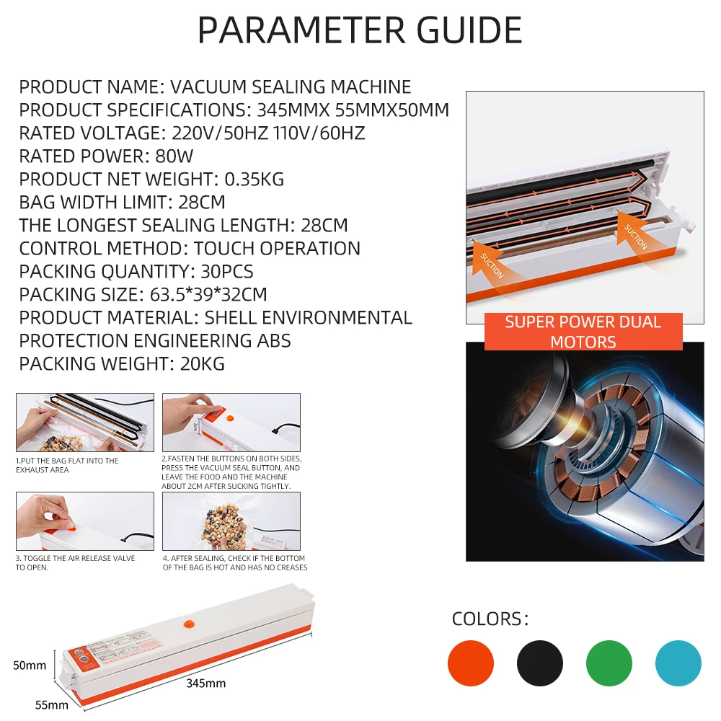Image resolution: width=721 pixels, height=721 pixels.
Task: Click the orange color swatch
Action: tap(471, 663)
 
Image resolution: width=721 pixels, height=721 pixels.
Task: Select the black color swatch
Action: tap(540, 663)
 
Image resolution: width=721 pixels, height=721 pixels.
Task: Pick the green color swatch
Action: tap(609, 663)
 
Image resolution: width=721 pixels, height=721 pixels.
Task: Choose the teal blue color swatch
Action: tap(678, 663)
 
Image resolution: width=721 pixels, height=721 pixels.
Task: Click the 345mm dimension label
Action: tap(205, 683)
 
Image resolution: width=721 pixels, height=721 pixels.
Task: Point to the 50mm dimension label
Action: tap(30, 665)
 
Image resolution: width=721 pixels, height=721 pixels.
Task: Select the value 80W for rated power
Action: tap(174, 156)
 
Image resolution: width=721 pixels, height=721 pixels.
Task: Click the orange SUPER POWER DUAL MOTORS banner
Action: tap(583, 332)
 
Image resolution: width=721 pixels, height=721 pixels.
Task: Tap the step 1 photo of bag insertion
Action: tap(85, 423)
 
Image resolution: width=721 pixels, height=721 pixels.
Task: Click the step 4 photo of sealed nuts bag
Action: tap(231, 521)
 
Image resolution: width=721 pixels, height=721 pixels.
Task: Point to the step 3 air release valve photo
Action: tap(85, 521)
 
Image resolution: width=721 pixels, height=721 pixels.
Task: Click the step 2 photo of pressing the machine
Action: tap(231, 423)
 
